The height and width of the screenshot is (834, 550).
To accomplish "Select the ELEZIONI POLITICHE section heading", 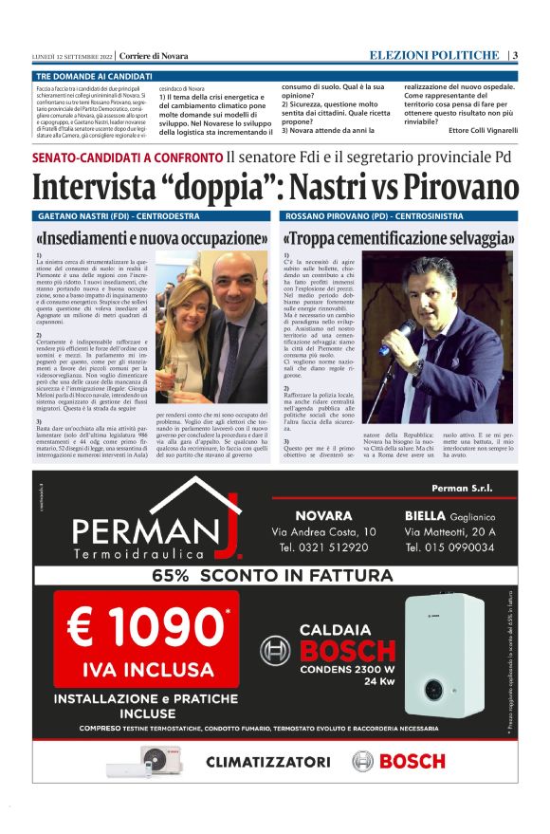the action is (433, 55).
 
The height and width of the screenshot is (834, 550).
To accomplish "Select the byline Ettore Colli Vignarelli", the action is (484, 130).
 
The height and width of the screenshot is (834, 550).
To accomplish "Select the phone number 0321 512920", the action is (323, 548).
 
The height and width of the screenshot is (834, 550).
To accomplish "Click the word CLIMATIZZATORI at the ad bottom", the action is (268, 761).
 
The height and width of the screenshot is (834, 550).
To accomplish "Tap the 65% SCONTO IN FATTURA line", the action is (272, 575).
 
